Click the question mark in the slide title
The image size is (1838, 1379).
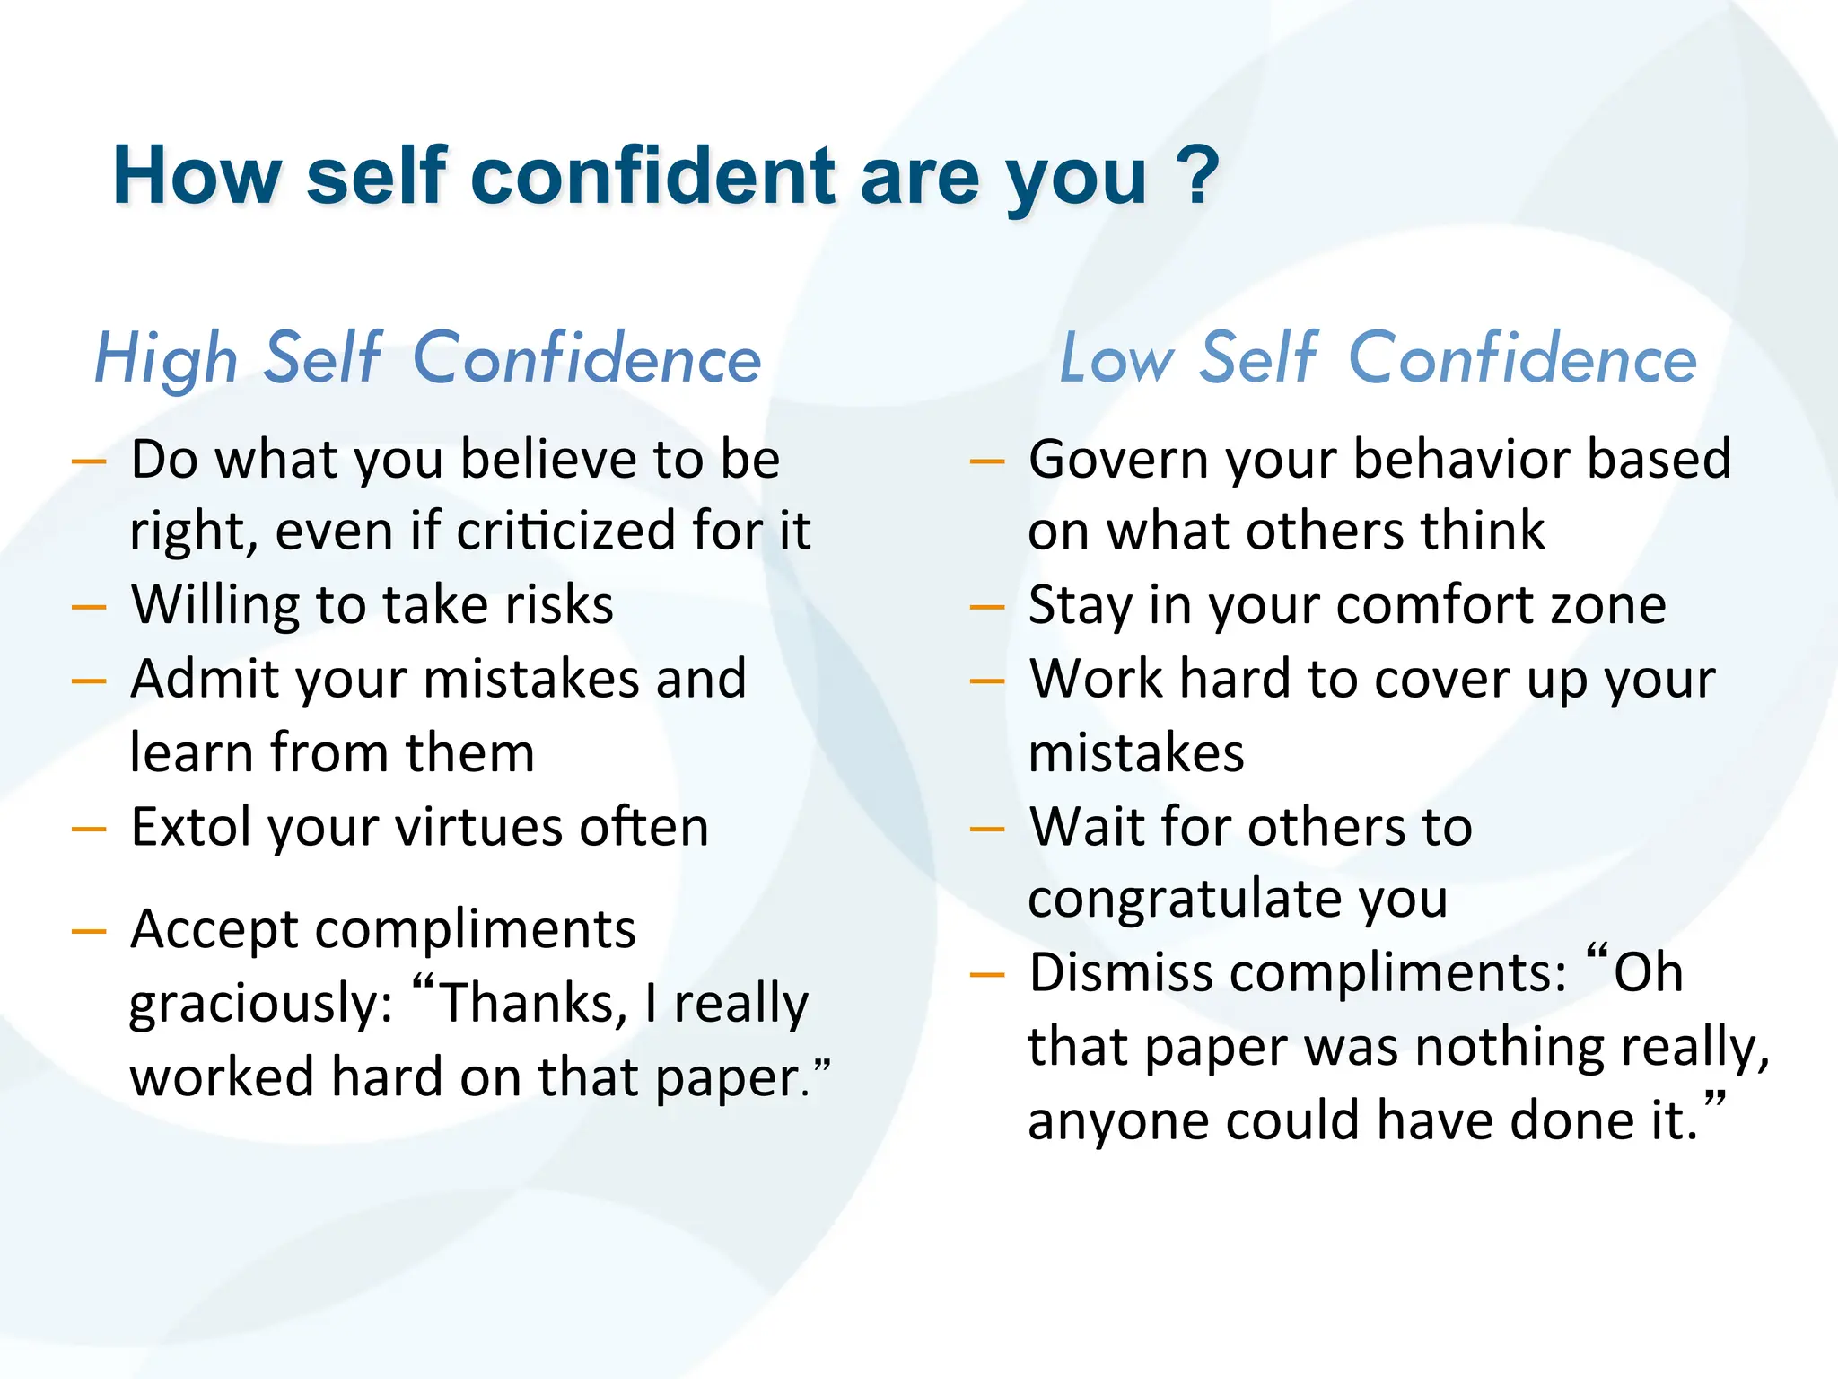[x=1197, y=175]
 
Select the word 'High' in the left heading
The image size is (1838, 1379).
[x=167, y=359]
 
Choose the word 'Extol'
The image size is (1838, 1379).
[x=191, y=826]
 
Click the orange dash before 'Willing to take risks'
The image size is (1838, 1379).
[x=89, y=608]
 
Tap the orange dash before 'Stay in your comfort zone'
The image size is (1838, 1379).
[x=987, y=608]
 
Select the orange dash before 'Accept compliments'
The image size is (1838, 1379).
[x=89, y=932]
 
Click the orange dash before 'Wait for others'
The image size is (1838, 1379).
[x=987, y=829]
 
